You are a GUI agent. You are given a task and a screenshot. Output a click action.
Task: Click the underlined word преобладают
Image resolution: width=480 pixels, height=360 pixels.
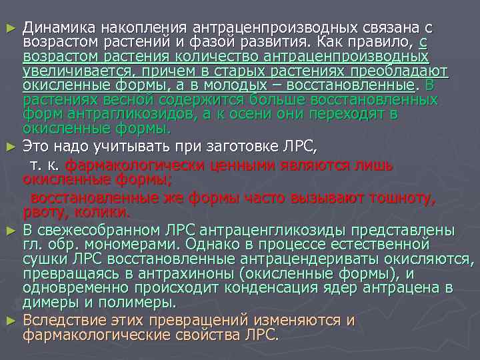click(x=403, y=71)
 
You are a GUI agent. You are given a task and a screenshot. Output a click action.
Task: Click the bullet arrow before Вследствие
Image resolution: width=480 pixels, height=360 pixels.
click(x=8, y=321)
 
